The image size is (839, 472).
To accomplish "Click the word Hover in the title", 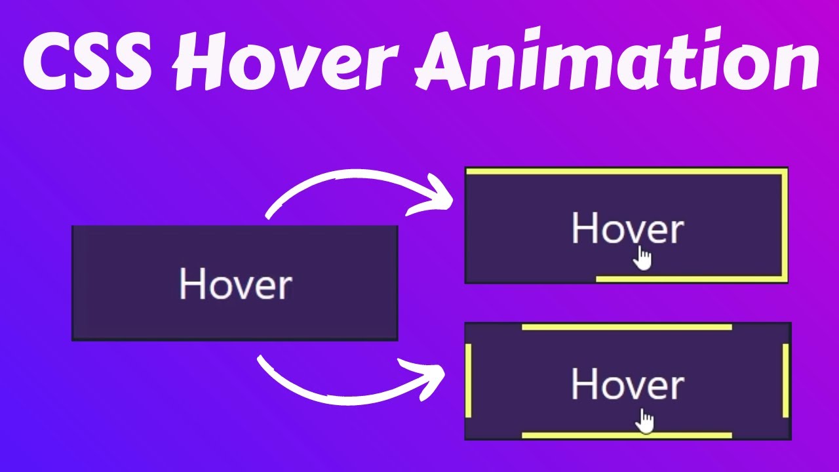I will point(289,62).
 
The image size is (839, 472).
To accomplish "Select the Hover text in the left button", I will point(235,285).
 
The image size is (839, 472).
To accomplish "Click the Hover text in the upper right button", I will point(627,229).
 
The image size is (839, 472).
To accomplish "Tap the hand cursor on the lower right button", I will point(646,420).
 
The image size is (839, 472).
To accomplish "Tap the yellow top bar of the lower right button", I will point(627,326).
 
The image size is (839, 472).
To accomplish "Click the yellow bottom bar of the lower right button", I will point(627,435).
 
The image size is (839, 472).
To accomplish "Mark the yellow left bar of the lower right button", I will point(469,381).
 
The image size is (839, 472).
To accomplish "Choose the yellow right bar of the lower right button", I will point(785,381).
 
